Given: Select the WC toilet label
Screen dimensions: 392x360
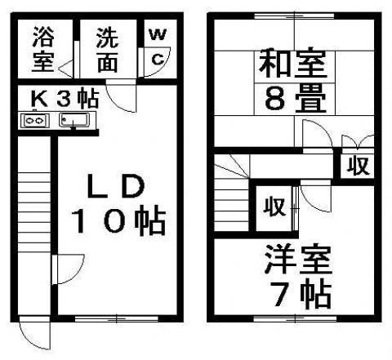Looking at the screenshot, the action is point(158,47).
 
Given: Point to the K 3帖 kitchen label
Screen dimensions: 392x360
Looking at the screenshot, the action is point(65,99).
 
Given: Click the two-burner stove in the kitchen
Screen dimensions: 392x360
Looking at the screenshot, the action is point(36,121).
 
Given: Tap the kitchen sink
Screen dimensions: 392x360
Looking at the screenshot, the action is point(74,120).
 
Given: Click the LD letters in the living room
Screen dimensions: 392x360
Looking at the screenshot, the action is point(116,186).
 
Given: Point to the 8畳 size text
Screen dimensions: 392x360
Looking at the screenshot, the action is point(296,99).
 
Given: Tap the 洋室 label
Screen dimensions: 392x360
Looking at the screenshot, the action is point(298,260).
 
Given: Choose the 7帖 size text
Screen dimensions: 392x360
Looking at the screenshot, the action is point(301,296).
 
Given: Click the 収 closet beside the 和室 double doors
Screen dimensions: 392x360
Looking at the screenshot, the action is point(359,165).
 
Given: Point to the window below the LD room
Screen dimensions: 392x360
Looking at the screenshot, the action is point(117,318).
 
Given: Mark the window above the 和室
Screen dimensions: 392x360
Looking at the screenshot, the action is point(294,16).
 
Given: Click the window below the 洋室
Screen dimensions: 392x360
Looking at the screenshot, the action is point(295,318).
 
